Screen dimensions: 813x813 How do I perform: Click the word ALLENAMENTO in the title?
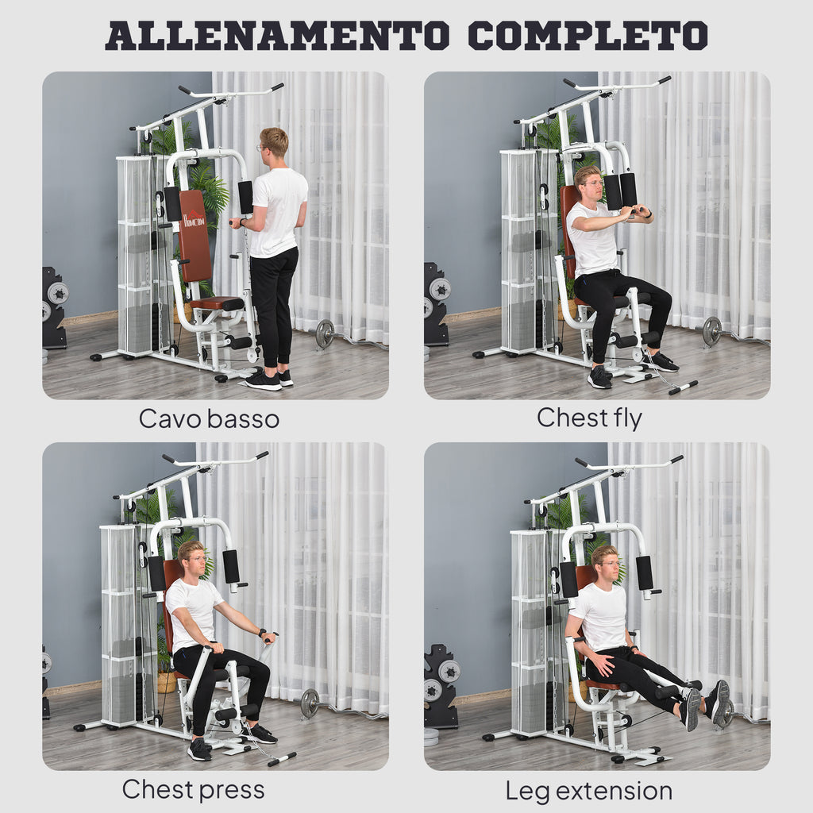pos(278,36)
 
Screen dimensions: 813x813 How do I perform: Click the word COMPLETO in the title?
pos(587,36)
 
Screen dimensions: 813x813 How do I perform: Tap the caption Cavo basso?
pos(209,418)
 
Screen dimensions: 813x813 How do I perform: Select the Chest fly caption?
pos(589,418)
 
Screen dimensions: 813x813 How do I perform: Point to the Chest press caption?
pos(193,789)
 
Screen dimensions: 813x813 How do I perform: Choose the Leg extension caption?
pos(588,791)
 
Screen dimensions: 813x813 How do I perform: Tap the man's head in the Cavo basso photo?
pos(274,143)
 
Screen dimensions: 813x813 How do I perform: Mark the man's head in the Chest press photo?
pos(191,560)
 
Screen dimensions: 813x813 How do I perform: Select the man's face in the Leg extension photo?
pos(607,565)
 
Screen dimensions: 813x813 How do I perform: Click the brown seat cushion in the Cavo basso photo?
pos(217,302)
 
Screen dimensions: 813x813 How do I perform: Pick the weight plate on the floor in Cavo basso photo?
pos(324,333)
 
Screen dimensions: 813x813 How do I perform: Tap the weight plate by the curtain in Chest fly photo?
pos(711,331)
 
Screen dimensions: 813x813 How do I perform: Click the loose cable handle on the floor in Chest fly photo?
pos(682,387)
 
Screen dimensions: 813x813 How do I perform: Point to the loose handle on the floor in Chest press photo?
pos(281,759)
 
